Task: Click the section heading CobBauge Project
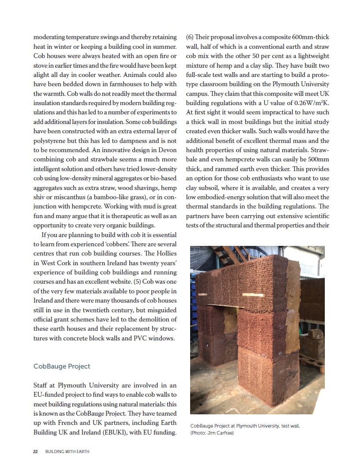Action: [x=62, y=366]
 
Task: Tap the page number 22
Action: [x=36, y=452]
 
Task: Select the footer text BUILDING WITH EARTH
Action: [x=67, y=452]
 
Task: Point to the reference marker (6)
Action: [x=190, y=37]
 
